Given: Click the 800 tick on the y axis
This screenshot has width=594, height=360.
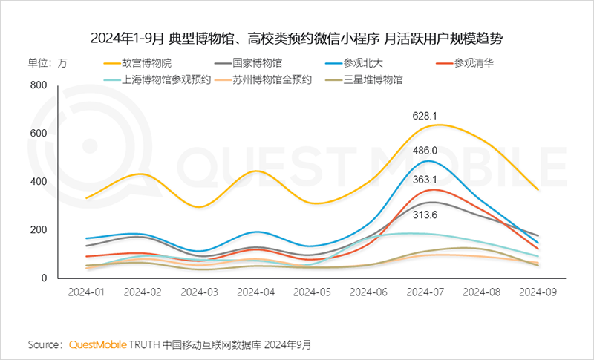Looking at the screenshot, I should point(38,85).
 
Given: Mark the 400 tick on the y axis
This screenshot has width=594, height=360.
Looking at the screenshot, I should point(38,182).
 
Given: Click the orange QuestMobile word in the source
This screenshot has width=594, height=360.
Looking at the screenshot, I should point(98,344).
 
